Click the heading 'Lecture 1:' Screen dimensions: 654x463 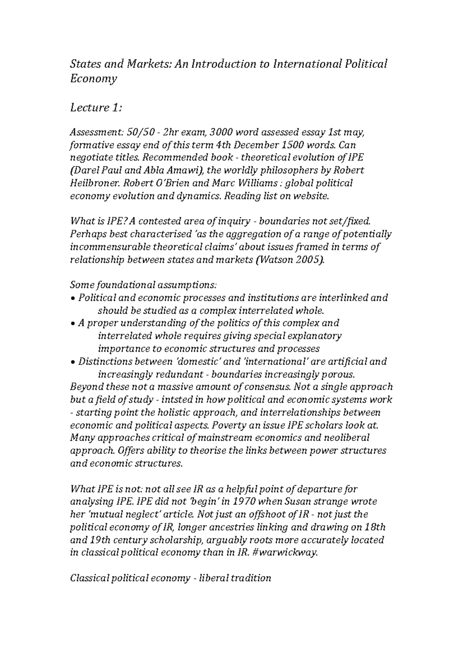point(96,107)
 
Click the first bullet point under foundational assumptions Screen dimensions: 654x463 point(73,298)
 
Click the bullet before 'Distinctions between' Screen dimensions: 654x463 point(73,362)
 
